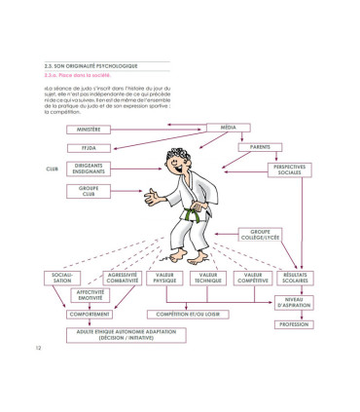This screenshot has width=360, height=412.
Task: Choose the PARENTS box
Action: click(259, 147)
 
